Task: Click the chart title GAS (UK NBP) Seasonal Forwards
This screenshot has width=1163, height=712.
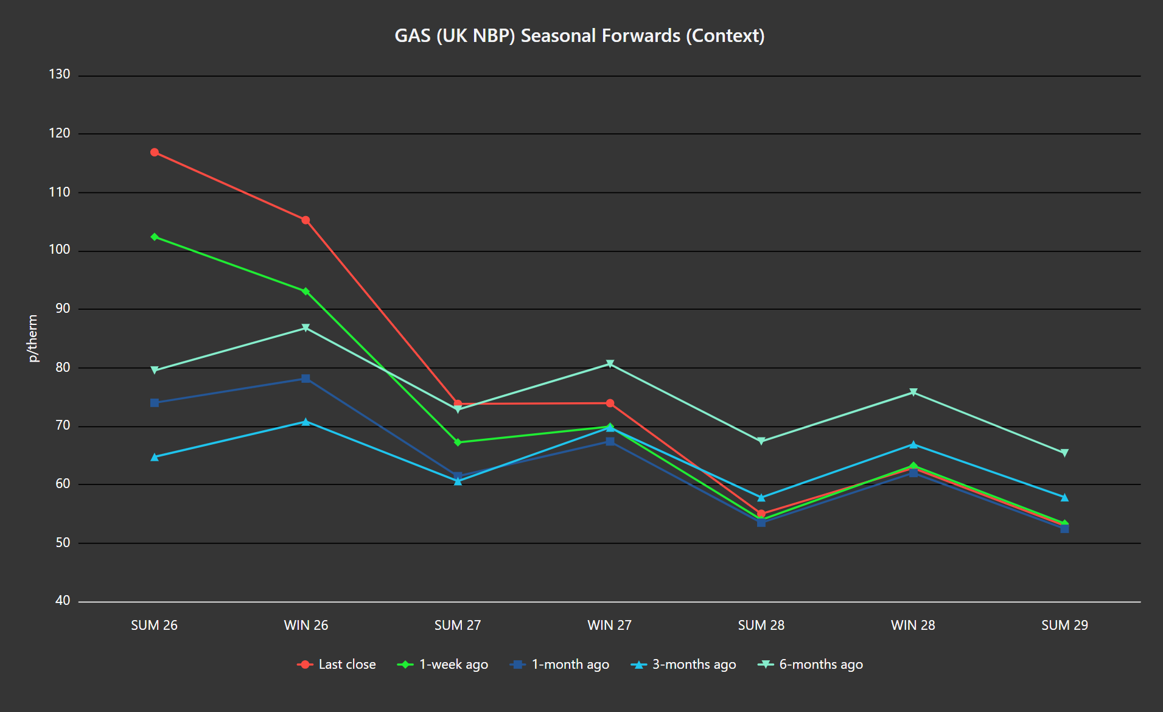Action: point(579,36)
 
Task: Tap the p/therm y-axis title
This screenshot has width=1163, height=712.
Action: point(33,338)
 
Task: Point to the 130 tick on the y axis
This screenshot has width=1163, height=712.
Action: point(60,74)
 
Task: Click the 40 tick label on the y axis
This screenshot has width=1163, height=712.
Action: point(63,601)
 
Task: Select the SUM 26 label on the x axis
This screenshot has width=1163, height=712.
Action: point(154,625)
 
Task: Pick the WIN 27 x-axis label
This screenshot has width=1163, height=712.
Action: point(609,625)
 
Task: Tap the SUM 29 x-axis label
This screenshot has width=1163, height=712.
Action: point(1064,625)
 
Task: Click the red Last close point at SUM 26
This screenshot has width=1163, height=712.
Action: point(155,152)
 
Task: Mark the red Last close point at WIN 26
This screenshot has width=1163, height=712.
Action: point(306,220)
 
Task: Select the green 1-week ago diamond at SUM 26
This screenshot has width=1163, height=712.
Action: point(155,237)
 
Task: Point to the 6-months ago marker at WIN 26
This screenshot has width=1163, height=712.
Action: point(306,328)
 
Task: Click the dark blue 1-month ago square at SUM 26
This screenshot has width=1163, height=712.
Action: point(155,403)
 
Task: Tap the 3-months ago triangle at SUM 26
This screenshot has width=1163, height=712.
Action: point(155,457)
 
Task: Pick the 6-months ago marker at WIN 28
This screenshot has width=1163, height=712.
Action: point(913,393)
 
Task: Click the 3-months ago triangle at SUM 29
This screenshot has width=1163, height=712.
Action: point(1064,498)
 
